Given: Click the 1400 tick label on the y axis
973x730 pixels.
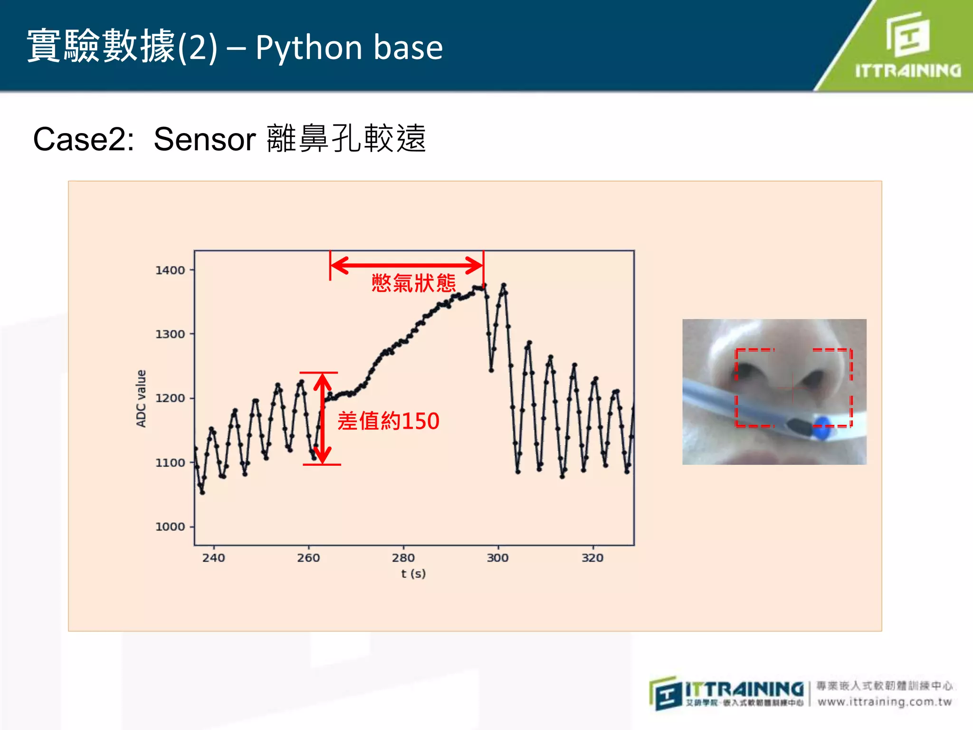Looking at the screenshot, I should pyautogui.click(x=170, y=270).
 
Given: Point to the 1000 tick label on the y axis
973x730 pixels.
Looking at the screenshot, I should pyautogui.click(x=170, y=527).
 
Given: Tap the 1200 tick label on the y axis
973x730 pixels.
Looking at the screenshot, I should pyautogui.click(x=170, y=398).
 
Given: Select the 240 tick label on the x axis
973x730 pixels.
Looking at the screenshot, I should pyautogui.click(x=213, y=558).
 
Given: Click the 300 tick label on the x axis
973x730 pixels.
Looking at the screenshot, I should pyautogui.click(x=497, y=558).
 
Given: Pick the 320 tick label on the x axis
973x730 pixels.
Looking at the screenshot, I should pyautogui.click(x=592, y=558).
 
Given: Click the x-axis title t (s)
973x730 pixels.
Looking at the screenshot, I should pyautogui.click(x=413, y=574).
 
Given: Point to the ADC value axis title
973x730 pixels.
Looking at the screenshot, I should pyautogui.click(x=141, y=398).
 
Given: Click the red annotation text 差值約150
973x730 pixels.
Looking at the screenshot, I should pyautogui.click(x=388, y=421).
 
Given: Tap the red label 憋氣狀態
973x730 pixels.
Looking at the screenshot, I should pyautogui.click(x=413, y=283).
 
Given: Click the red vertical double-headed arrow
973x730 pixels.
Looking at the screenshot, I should pyautogui.click(x=323, y=418).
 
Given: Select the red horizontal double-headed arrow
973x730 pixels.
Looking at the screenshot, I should pyautogui.click(x=407, y=265).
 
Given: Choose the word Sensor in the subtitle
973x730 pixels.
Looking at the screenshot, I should pyautogui.click(x=205, y=139).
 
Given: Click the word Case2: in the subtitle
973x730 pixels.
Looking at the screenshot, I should pyautogui.click(x=84, y=139).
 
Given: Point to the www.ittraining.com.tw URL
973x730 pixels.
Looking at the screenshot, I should pyautogui.click(x=884, y=702).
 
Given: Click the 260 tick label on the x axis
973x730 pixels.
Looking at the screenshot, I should pyautogui.click(x=308, y=558).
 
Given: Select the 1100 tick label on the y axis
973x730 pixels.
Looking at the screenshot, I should pyautogui.click(x=170, y=462).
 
